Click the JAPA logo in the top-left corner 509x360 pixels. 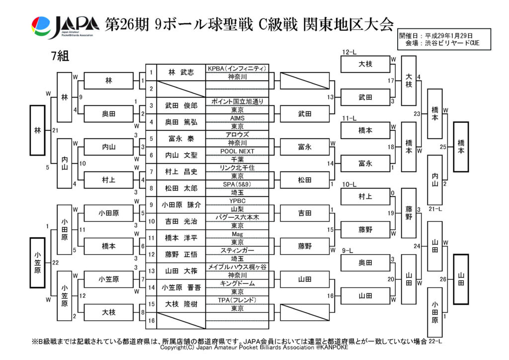pos(65,27)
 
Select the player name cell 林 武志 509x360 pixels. pos(181,72)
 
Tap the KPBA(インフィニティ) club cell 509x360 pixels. pos(237,68)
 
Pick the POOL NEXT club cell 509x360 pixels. pos(237,151)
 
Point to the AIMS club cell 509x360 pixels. pos(237,118)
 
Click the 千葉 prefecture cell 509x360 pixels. pos(237,159)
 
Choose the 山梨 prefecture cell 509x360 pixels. pos(237,209)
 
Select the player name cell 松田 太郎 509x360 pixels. pos(181,188)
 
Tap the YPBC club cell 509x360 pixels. pos(237,201)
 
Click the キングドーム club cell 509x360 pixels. pos(237,283)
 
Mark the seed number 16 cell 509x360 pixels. pos(151,320)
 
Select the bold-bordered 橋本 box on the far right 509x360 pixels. pos(460,147)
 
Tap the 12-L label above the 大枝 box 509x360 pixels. pos(350,52)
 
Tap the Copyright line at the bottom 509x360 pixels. pos(254,348)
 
